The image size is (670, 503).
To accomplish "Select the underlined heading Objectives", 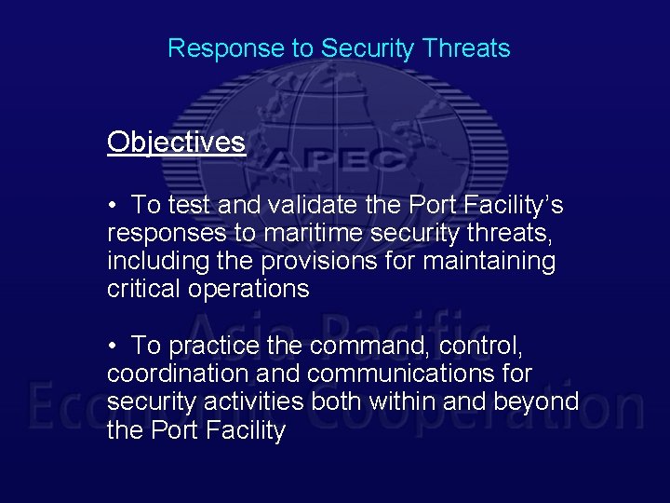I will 176,142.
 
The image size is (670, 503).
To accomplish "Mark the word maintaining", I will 489,261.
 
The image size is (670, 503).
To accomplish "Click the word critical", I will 144,289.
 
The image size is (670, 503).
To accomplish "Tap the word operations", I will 248,290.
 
